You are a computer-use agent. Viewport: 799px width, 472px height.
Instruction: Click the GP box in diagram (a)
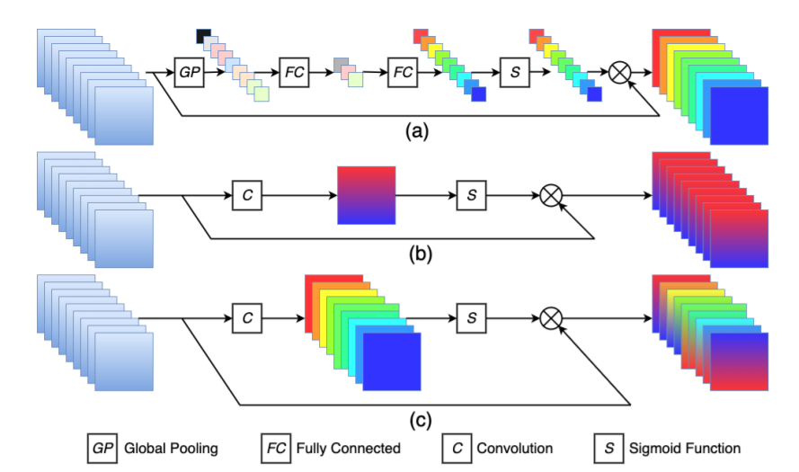190,72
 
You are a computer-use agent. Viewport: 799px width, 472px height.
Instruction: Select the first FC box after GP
294,72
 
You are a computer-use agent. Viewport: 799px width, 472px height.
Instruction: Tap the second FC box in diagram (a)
403,72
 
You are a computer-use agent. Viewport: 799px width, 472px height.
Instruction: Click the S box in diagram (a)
514,72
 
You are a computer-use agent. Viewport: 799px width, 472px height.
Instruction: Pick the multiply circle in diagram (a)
619,72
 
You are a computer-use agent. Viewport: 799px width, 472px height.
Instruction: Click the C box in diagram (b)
245,194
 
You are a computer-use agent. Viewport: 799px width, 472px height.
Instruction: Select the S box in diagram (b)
471,194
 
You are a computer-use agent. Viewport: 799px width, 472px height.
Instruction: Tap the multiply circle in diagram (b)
551,194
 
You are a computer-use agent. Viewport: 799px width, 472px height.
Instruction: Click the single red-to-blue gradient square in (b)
366,194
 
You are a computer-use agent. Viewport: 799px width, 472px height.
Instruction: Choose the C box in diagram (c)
245,316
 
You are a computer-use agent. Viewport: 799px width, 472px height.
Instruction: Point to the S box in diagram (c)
471,316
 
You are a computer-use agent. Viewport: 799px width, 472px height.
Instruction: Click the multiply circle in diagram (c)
551,316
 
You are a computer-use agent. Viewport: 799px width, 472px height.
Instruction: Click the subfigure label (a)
414,131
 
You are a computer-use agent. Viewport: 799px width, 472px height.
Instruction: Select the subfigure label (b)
414,254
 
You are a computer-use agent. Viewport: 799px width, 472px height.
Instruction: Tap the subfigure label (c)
414,418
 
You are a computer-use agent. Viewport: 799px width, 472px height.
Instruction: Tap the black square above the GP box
202,36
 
